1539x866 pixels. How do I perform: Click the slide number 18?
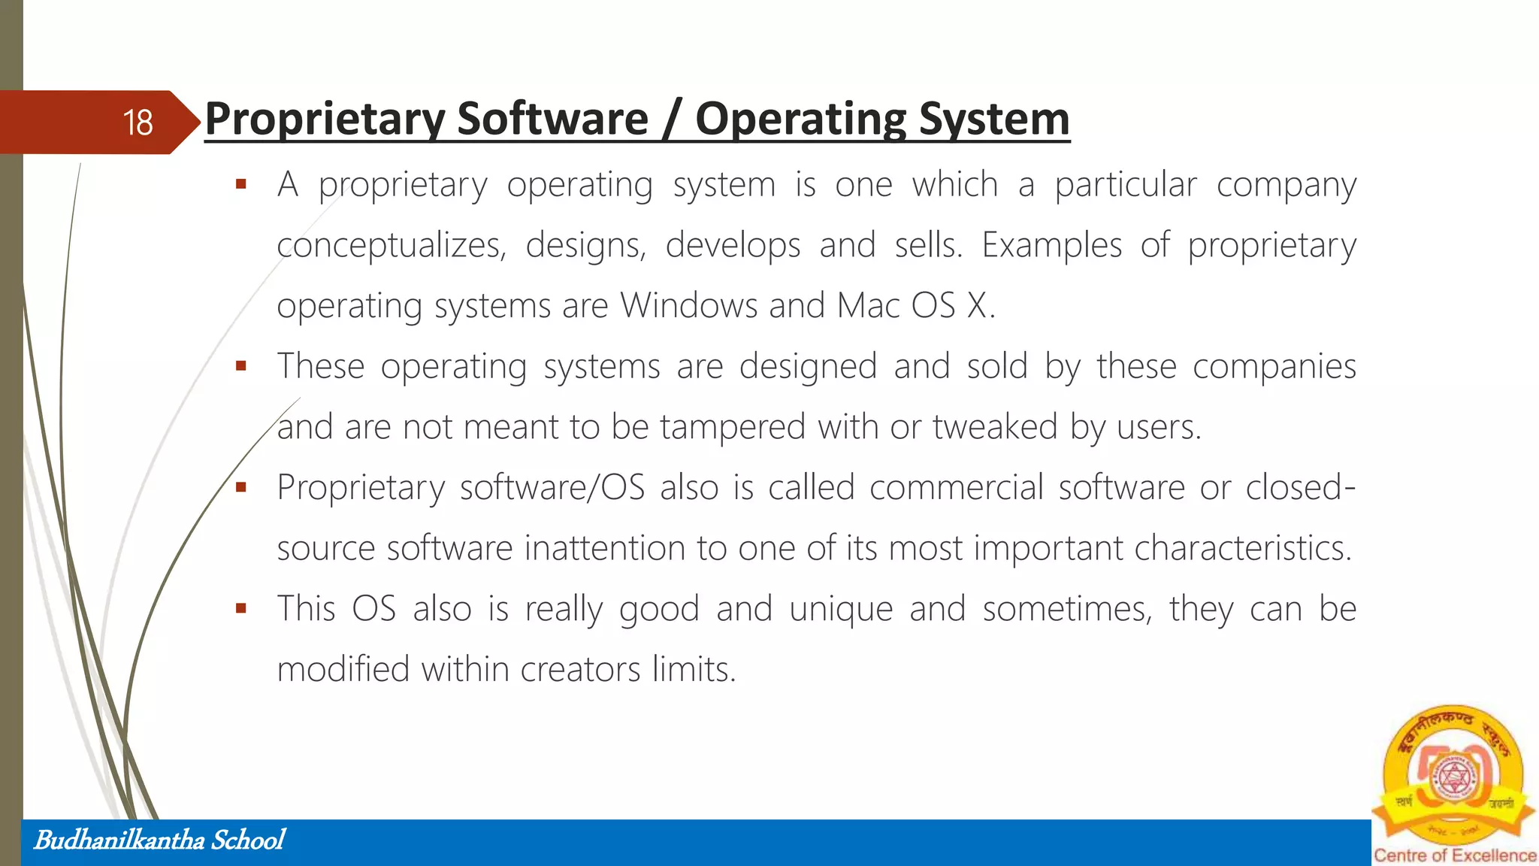138,123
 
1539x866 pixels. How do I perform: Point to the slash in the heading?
671,120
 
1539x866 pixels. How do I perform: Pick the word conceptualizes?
391,246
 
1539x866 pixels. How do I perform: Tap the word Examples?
1051,245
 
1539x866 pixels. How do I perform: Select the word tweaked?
995,427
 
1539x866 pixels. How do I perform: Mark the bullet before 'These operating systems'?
240,366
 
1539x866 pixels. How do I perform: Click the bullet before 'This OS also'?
240,608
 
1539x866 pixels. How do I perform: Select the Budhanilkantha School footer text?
159,840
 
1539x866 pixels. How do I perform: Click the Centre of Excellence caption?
1455,855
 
